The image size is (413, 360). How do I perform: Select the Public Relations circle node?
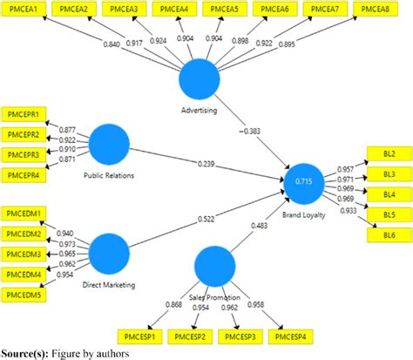coord(110,145)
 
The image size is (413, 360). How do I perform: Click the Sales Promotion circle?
coord(216,267)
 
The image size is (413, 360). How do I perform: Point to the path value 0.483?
coord(261,226)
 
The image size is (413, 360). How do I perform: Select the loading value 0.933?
coord(347,211)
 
